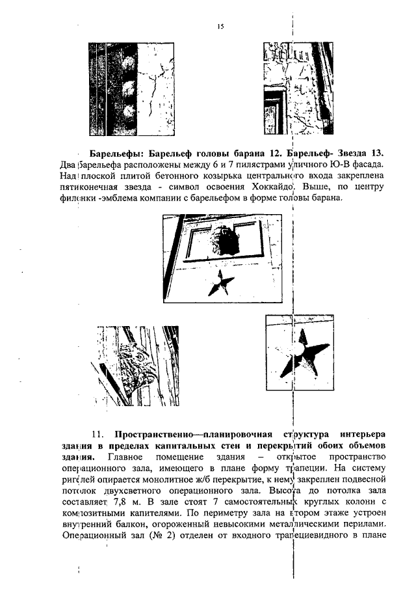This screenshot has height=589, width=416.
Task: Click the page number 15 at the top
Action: [x=220, y=27]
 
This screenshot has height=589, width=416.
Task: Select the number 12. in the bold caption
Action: [x=274, y=154]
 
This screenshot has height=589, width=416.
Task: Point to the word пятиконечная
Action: [x=88, y=187]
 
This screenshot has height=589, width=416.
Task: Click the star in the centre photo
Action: [x=223, y=282]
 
